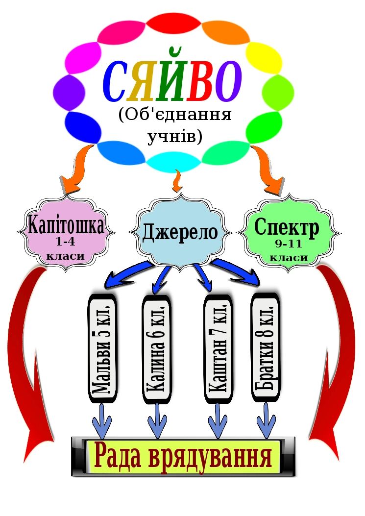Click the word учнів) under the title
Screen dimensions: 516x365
tap(175, 137)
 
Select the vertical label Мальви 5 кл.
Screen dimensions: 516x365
tap(103, 348)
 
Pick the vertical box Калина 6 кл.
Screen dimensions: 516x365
tap(157, 348)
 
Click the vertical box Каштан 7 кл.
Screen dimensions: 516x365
tap(217, 348)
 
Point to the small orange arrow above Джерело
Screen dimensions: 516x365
tap(178, 181)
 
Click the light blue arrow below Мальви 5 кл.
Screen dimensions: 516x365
tap(102, 420)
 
